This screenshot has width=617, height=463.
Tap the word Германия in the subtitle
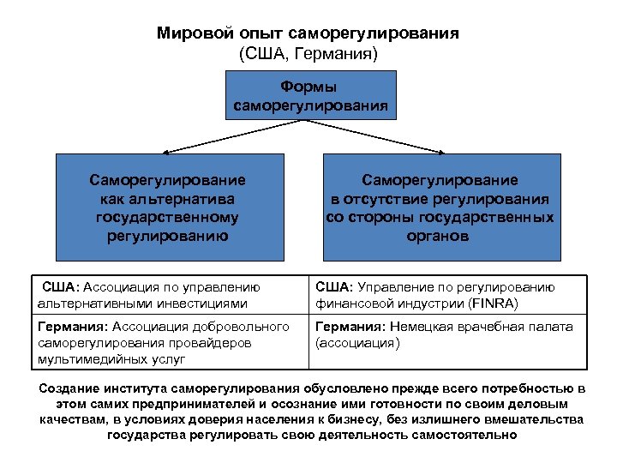point(335,53)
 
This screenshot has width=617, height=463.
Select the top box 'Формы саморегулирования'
point(309,97)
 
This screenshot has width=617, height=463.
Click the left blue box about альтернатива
point(170,207)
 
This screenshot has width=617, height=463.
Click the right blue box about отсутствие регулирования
point(440,207)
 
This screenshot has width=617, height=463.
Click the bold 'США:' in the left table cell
point(61,287)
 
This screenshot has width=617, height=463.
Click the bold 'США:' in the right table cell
point(334,287)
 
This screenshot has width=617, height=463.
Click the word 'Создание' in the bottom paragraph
point(68,388)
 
